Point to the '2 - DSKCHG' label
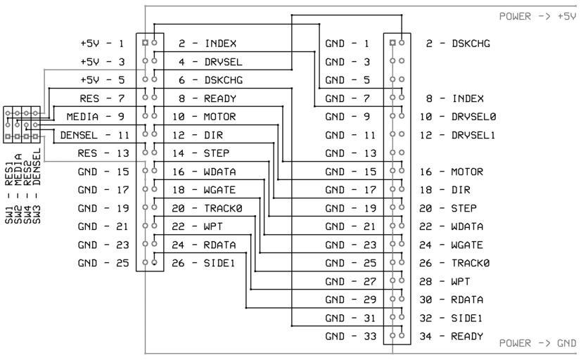(x=458, y=44)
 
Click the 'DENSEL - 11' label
(x=92, y=134)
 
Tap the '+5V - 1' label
(x=103, y=44)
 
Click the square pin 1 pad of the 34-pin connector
(x=392, y=43)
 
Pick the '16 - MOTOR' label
(x=454, y=172)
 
